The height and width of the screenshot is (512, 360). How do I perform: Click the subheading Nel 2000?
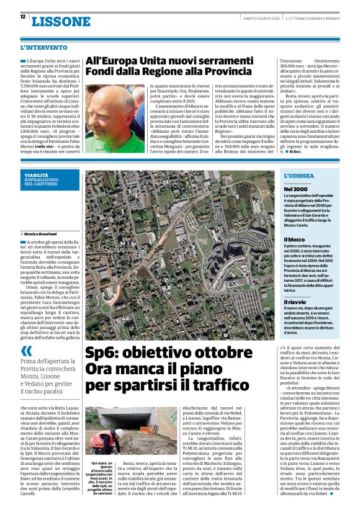295,188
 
